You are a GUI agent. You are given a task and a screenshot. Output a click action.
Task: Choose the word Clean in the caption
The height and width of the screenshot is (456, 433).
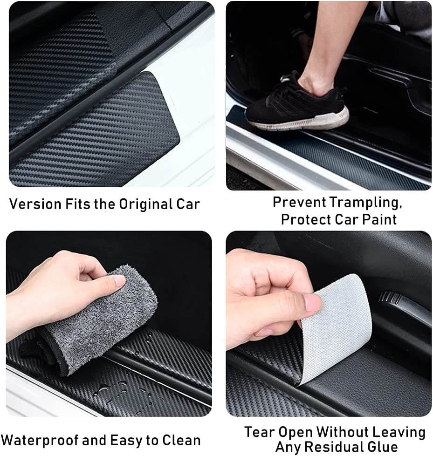(180, 440)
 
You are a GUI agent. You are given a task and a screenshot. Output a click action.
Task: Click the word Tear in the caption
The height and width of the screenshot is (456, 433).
(260, 432)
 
